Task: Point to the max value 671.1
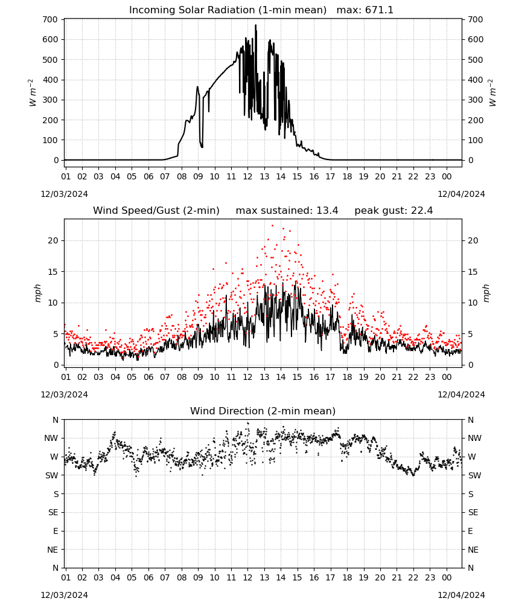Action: pyautogui.click(x=379, y=10)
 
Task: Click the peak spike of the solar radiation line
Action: pyautogui.click(x=255, y=25)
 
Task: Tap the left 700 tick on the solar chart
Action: pyautogui.click(x=50, y=19)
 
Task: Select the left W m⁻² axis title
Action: pyautogui.click(x=33, y=93)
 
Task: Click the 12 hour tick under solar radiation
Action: pyautogui.click(x=247, y=176)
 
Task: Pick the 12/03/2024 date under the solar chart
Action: pyautogui.click(x=64, y=194)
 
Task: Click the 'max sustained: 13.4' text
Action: pyautogui.click(x=287, y=210)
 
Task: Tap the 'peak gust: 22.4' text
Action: pyautogui.click(x=394, y=210)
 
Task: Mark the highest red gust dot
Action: pyautogui.click(x=272, y=226)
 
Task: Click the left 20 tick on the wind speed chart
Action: pyautogui.click(x=53, y=240)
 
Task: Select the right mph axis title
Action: pyautogui.click(x=486, y=293)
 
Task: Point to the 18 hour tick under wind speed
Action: pyautogui.click(x=347, y=377)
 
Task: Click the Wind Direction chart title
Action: pyautogui.click(x=263, y=411)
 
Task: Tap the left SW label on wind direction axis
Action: pyautogui.click(x=52, y=475)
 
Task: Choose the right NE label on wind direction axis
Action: pyautogui.click(x=473, y=550)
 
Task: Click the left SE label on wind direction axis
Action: pyautogui.click(x=53, y=512)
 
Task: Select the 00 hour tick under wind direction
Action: pyautogui.click(x=447, y=577)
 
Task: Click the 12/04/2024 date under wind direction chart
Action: pyautogui.click(x=461, y=595)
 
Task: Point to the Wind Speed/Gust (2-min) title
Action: pyautogui.click(x=156, y=210)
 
